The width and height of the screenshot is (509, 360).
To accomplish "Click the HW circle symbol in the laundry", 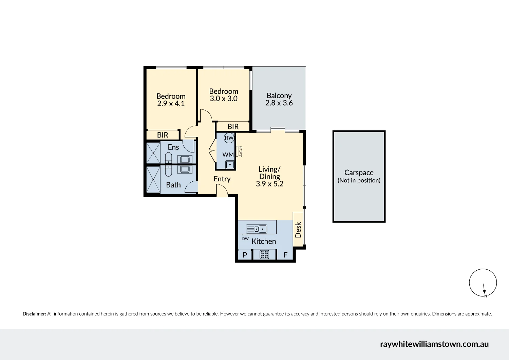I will click(x=229, y=138).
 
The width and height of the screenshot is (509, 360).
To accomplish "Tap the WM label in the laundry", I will click(x=228, y=155).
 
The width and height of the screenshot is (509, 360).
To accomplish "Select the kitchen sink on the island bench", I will click(x=257, y=229).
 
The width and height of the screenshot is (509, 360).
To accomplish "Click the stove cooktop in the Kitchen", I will click(x=264, y=254).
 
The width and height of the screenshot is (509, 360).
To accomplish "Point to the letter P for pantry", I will click(x=245, y=255).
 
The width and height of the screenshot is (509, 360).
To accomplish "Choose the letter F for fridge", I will click(x=285, y=255).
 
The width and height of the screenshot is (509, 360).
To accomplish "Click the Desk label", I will click(x=298, y=230).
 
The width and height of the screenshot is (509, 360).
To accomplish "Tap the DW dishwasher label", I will click(x=245, y=239).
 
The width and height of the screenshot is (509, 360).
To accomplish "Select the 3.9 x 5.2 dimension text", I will click(x=269, y=184).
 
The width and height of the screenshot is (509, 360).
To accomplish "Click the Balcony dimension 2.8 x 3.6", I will click(x=279, y=103).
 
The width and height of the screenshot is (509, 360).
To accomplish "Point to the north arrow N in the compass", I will click(x=485, y=296).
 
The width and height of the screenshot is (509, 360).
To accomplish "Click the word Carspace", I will click(x=359, y=173).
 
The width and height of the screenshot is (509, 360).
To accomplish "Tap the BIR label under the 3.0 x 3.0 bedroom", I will click(x=233, y=126).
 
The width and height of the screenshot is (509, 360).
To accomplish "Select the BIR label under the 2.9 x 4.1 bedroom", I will click(x=163, y=135).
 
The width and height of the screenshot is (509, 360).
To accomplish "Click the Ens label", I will click(x=173, y=147).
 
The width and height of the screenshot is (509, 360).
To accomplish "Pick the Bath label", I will click(x=173, y=185).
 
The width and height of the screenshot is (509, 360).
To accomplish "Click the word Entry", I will click(x=222, y=179).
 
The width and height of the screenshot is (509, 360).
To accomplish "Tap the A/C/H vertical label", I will click(x=241, y=151).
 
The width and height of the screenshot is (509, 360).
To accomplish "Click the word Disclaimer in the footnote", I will click(x=34, y=314).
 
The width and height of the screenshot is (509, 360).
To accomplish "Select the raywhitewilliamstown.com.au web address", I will click(x=434, y=344).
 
